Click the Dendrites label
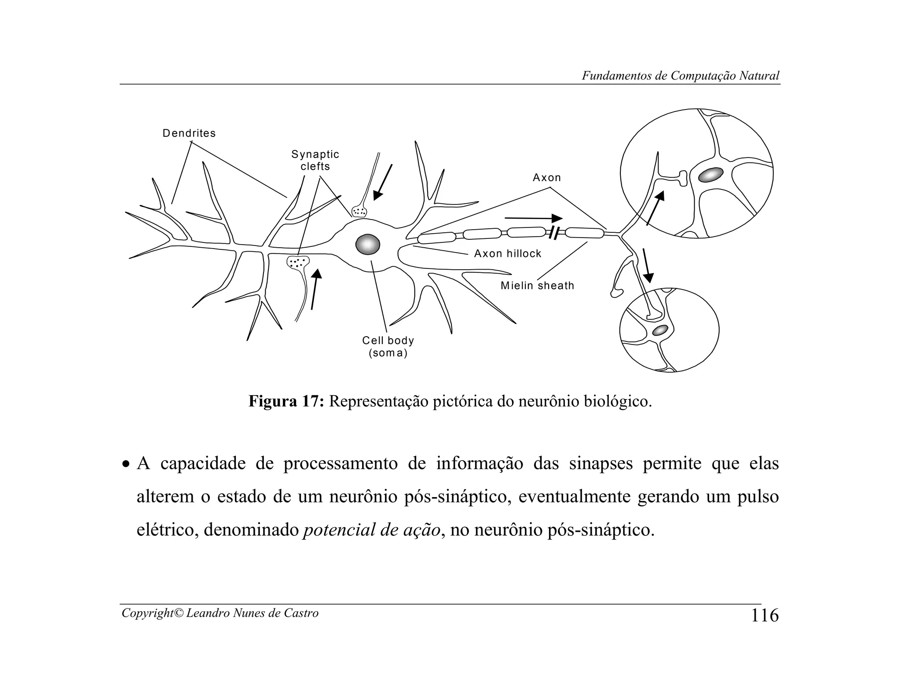click(189, 133)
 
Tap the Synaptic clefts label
click(315, 160)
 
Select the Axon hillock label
click(508, 254)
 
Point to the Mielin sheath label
click(537, 286)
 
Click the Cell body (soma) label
click(388, 347)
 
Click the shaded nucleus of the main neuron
click(368, 244)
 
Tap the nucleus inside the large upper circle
click(711, 175)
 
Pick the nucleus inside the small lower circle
click(660, 330)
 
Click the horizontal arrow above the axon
click(533, 218)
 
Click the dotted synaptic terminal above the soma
click(359, 211)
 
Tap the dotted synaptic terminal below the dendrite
click(298, 263)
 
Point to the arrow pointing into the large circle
click(655, 208)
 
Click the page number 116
click(765, 615)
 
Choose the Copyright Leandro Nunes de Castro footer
click(220, 613)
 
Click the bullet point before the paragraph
click(126, 465)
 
